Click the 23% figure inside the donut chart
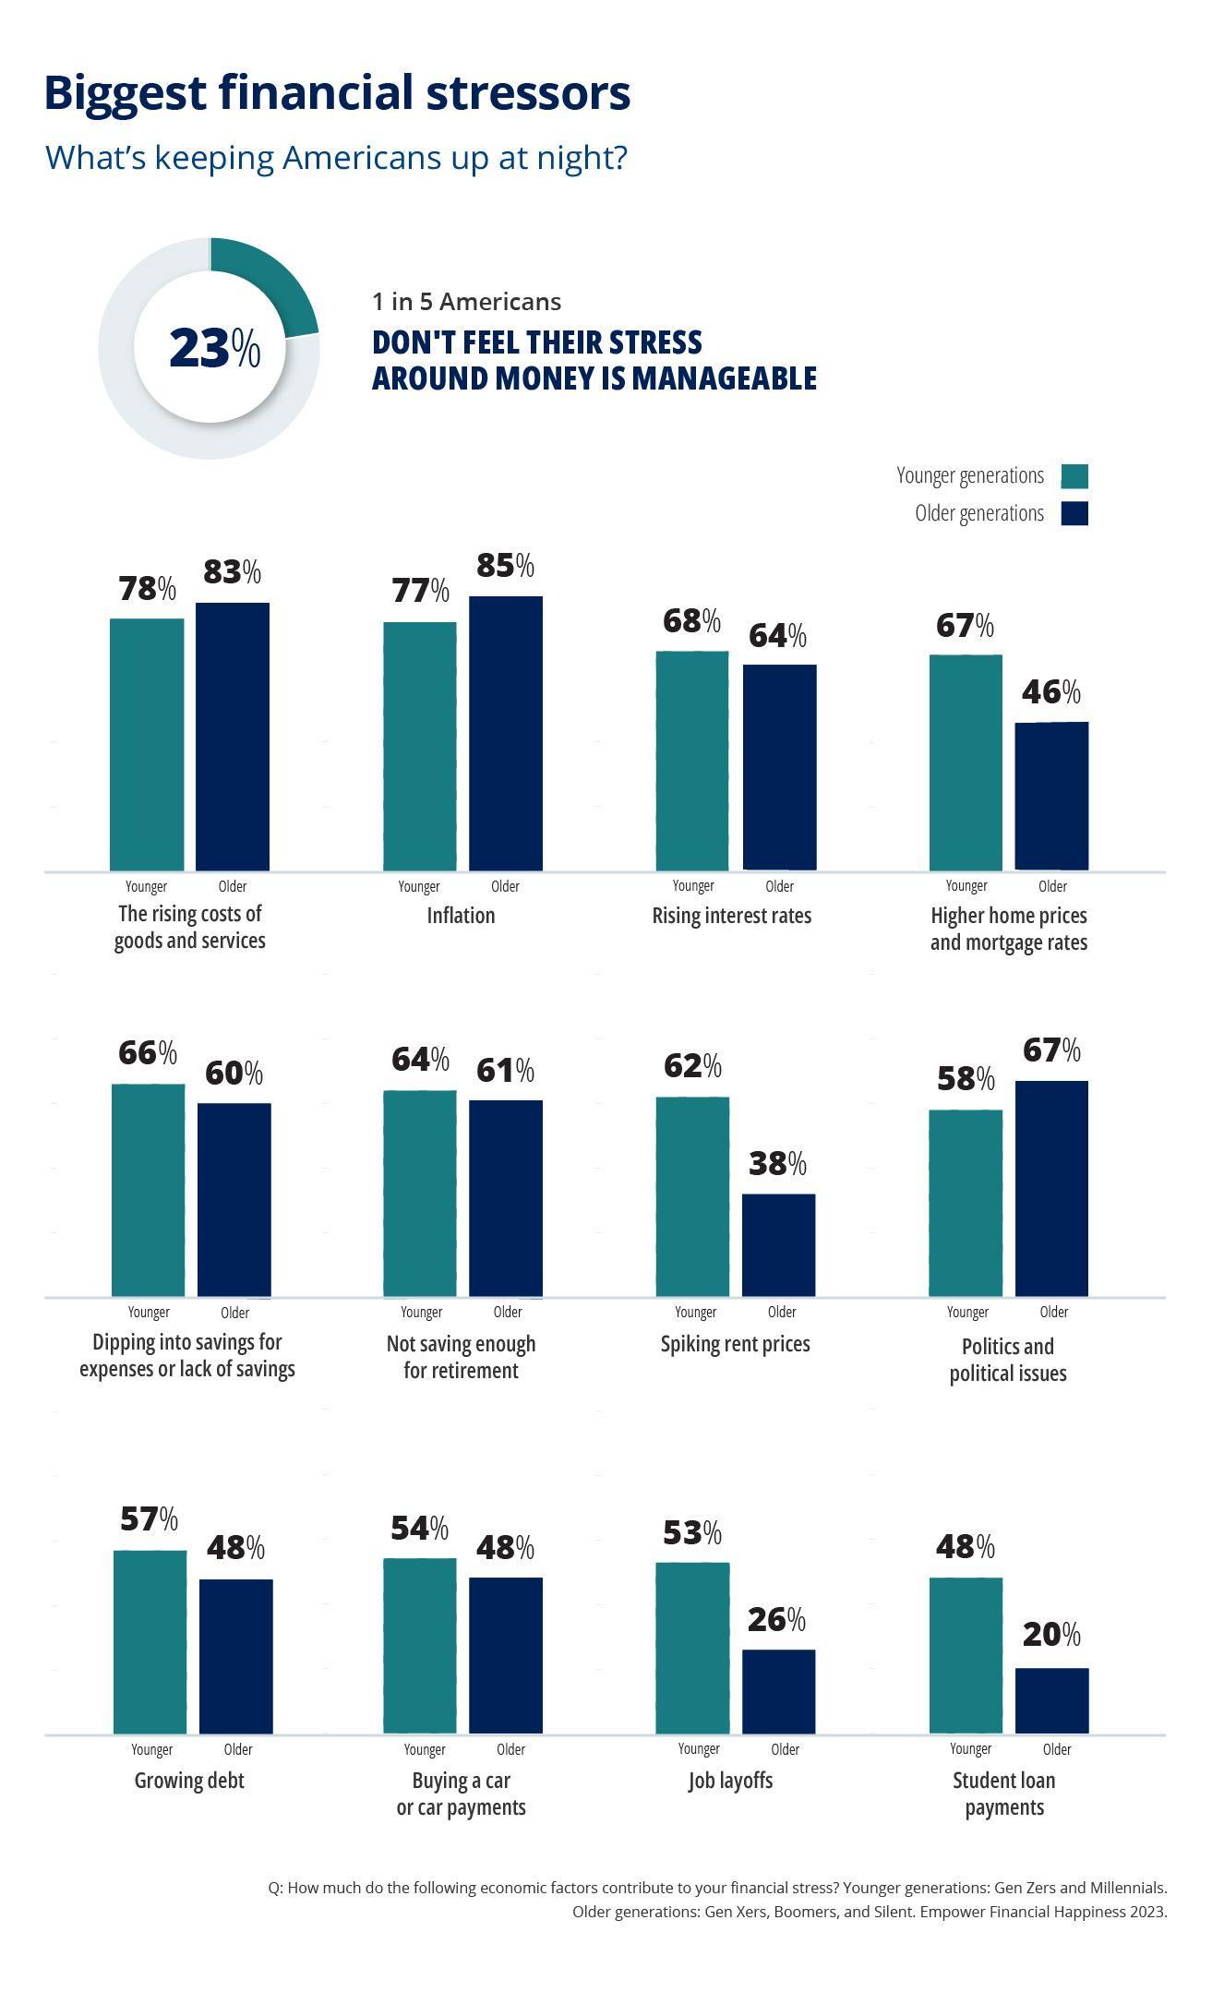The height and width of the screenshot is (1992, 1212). (x=214, y=349)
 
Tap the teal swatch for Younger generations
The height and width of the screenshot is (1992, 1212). (x=1074, y=476)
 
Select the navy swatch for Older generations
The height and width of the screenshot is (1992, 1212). (x=1074, y=513)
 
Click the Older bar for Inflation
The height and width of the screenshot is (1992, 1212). (x=506, y=733)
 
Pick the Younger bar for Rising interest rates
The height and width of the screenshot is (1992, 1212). (x=692, y=761)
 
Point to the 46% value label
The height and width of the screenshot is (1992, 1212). (x=1050, y=692)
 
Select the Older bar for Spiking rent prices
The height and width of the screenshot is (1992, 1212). (x=778, y=1245)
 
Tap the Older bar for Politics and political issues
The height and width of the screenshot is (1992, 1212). (x=1051, y=1189)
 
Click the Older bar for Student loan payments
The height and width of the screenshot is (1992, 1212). (x=1051, y=1700)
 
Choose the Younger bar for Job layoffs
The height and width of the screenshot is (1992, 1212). (x=692, y=1649)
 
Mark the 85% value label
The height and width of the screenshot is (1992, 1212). (x=505, y=566)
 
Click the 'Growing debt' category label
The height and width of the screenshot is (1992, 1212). (x=189, y=1781)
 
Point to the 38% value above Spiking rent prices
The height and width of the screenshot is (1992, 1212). (x=777, y=1164)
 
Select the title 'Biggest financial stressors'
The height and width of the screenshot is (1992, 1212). (x=337, y=93)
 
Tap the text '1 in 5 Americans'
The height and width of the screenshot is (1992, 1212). (x=466, y=302)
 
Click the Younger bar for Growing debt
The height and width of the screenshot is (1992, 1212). (x=150, y=1642)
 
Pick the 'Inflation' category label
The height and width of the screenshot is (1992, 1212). (x=461, y=916)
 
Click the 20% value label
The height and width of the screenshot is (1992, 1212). (x=1051, y=1635)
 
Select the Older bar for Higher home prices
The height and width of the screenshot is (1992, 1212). (x=1051, y=796)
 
